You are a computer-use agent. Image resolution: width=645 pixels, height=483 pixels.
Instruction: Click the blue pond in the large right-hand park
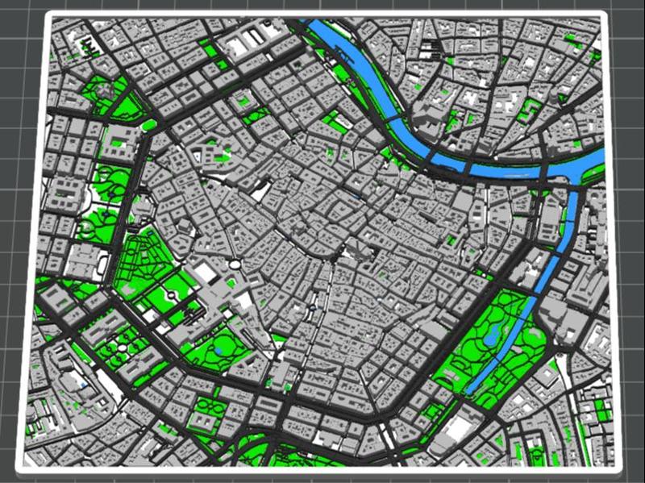tap(491, 335)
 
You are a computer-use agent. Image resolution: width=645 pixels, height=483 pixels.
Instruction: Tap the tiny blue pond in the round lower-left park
tap(219, 352)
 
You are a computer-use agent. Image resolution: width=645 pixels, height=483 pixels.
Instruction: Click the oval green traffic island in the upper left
tap(149, 125)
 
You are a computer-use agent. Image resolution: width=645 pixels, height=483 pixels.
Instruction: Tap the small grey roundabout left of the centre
tap(233, 264)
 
